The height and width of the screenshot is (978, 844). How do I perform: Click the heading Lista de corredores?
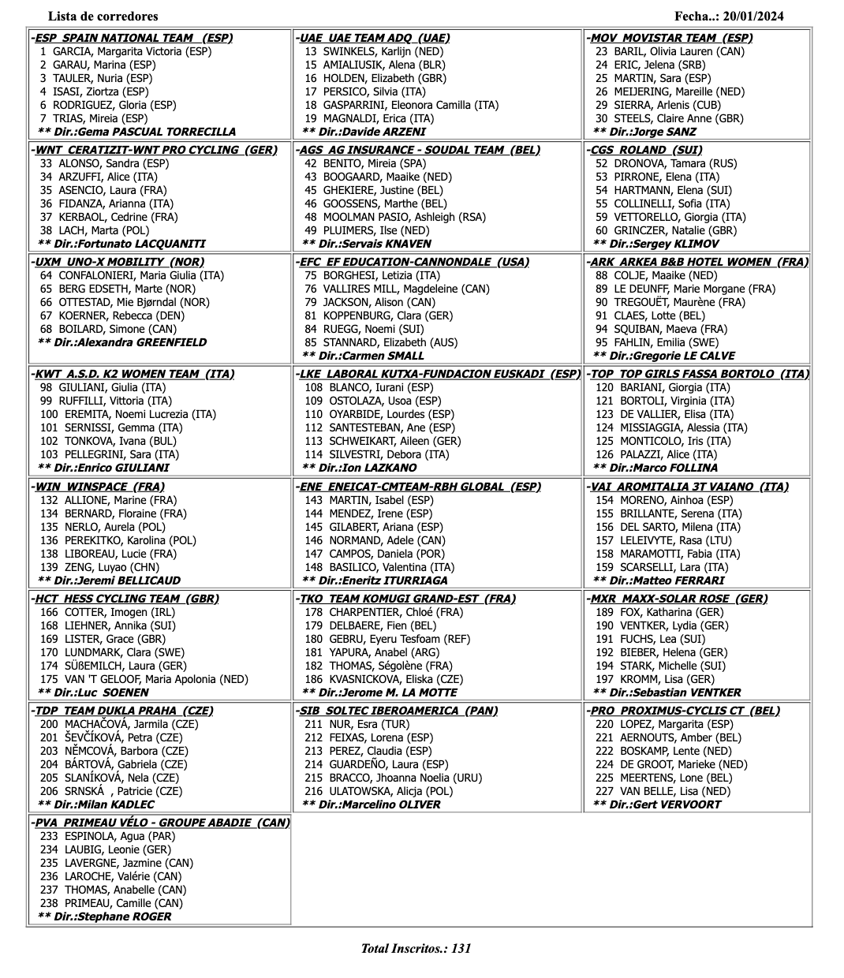(103, 16)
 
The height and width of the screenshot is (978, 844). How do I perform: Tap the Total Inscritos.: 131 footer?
(416, 948)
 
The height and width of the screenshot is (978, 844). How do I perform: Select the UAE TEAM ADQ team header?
(375, 38)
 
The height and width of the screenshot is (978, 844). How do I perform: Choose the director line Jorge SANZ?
(644, 132)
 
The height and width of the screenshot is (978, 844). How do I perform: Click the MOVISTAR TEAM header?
(671, 38)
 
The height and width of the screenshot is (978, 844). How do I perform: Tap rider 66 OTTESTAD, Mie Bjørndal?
(125, 302)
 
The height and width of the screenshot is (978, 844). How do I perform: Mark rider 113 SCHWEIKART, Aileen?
(383, 441)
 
